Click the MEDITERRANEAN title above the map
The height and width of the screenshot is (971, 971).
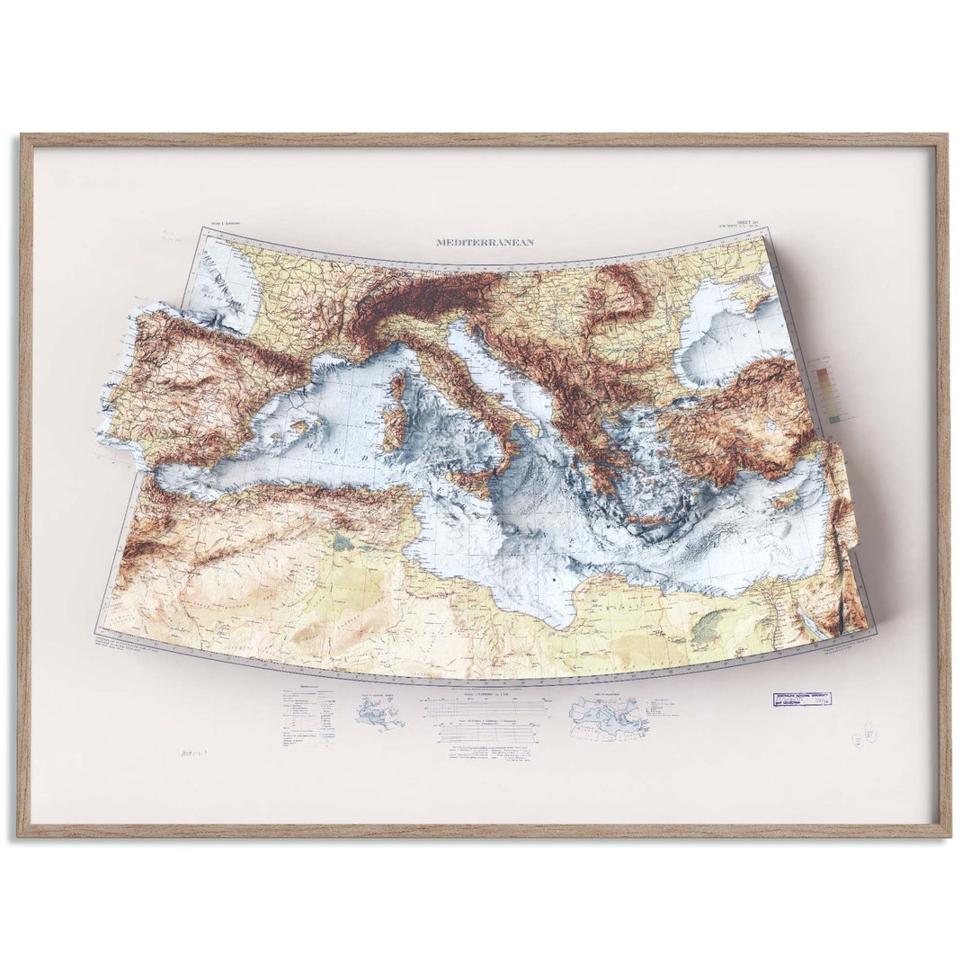[x=485, y=242]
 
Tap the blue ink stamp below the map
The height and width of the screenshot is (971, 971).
[x=802, y=699]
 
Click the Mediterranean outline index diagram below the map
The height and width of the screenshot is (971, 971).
[x=608, y=717]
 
